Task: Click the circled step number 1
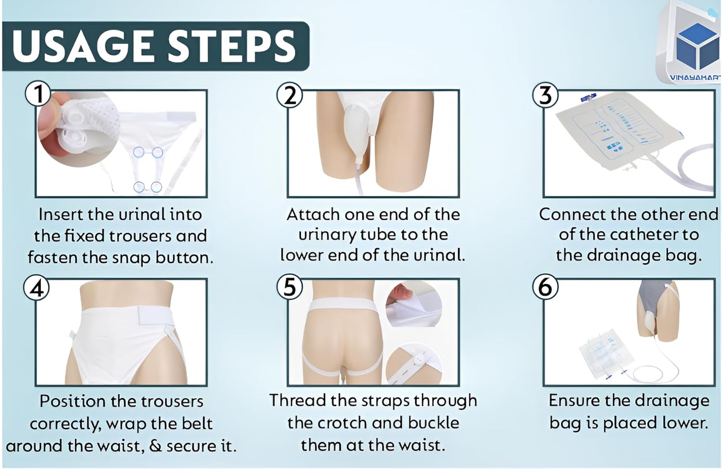coord(38,94)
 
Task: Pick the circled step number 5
coord(290,287)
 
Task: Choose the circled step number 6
coord(545,287)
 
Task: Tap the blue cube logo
coord(697,48)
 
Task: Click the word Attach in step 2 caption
coord(313,215)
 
